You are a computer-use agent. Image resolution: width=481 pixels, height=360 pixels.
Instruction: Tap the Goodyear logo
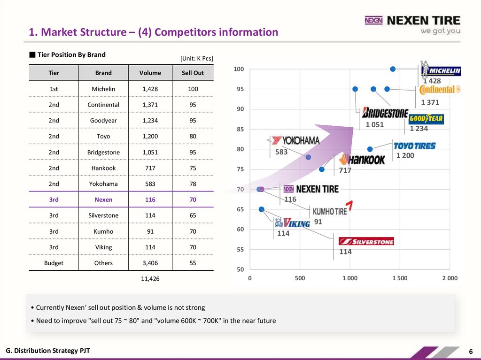click(426, 119)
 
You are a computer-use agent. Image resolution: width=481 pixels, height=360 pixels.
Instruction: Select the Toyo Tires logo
click(414, 146)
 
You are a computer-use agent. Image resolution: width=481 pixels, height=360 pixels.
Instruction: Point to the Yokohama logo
click(295, 140)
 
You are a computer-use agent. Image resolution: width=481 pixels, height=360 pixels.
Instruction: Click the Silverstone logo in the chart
click(366, 241)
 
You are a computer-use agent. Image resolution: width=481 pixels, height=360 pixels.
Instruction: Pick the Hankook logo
click(362, 159)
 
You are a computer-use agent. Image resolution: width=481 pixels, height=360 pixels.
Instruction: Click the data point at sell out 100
click(393, 69)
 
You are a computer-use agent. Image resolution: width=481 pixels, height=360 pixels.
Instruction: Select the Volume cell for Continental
click(150, 105)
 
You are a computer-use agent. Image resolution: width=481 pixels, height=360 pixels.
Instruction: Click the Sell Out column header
click(193, 73)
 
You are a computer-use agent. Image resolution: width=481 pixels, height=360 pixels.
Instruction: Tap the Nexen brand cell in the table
click(103, 199)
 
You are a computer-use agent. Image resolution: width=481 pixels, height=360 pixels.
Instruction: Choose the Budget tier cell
click(54, 263)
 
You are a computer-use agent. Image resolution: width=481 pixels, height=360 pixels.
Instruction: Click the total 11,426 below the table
click(150, 279)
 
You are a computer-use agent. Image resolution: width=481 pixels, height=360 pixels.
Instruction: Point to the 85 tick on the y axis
click(240, 129)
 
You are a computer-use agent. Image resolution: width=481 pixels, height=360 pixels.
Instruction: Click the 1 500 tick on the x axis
click(400, 278)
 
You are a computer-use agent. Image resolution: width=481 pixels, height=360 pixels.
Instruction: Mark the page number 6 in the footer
click(470, 352)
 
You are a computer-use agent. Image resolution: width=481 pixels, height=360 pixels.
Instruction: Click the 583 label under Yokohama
click(281, 152)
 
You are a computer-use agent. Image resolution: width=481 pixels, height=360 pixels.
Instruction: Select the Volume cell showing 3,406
click(150, 263)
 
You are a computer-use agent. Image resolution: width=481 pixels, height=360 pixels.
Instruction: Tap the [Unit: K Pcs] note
click(196, 58)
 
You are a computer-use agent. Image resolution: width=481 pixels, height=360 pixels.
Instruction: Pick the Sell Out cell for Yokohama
click(193, 184)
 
